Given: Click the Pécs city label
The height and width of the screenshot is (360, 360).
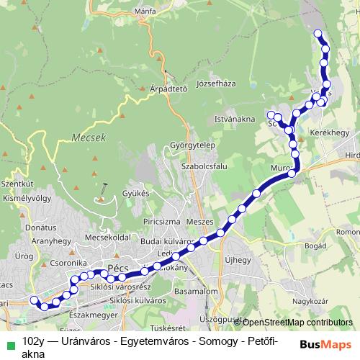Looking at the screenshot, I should (117, 268).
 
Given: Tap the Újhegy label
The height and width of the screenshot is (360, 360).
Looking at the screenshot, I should (238, 260).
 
